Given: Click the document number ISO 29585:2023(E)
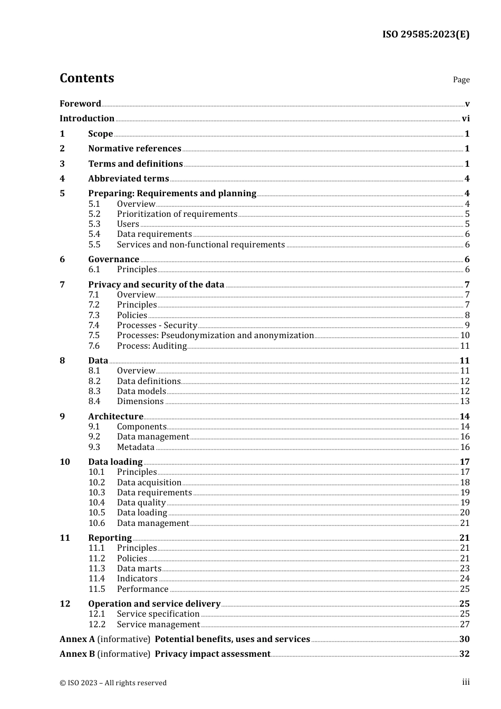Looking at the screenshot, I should pos(426,34).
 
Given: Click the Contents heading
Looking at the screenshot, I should pos(86,78).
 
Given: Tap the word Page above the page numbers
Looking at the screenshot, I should pos(461,80).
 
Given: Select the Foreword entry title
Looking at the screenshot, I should pos(80,103).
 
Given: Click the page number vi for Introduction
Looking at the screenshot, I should pos(465,118).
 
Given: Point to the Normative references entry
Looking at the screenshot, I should pos(134,148).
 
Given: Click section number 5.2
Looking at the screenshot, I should pos(94,214).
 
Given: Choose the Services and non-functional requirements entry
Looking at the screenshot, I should pos(200,244).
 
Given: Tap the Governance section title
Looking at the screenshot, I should pos(113,259).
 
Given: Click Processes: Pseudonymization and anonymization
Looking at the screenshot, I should pos(215,335).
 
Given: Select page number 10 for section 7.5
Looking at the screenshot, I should pos(465,335).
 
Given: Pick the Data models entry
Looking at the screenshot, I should pos(141,391).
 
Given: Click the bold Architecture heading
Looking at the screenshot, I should pos(115,416).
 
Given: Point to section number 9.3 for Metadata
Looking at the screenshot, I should pos(94,447).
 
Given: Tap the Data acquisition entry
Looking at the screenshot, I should pos(149,482).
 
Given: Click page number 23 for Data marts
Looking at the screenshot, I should pos(465,568).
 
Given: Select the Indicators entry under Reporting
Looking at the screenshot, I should pos(137,578).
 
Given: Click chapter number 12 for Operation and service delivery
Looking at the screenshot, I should pos(65,603).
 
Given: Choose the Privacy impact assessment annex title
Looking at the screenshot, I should pos(213,654).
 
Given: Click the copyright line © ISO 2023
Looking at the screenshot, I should pos(113,683).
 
